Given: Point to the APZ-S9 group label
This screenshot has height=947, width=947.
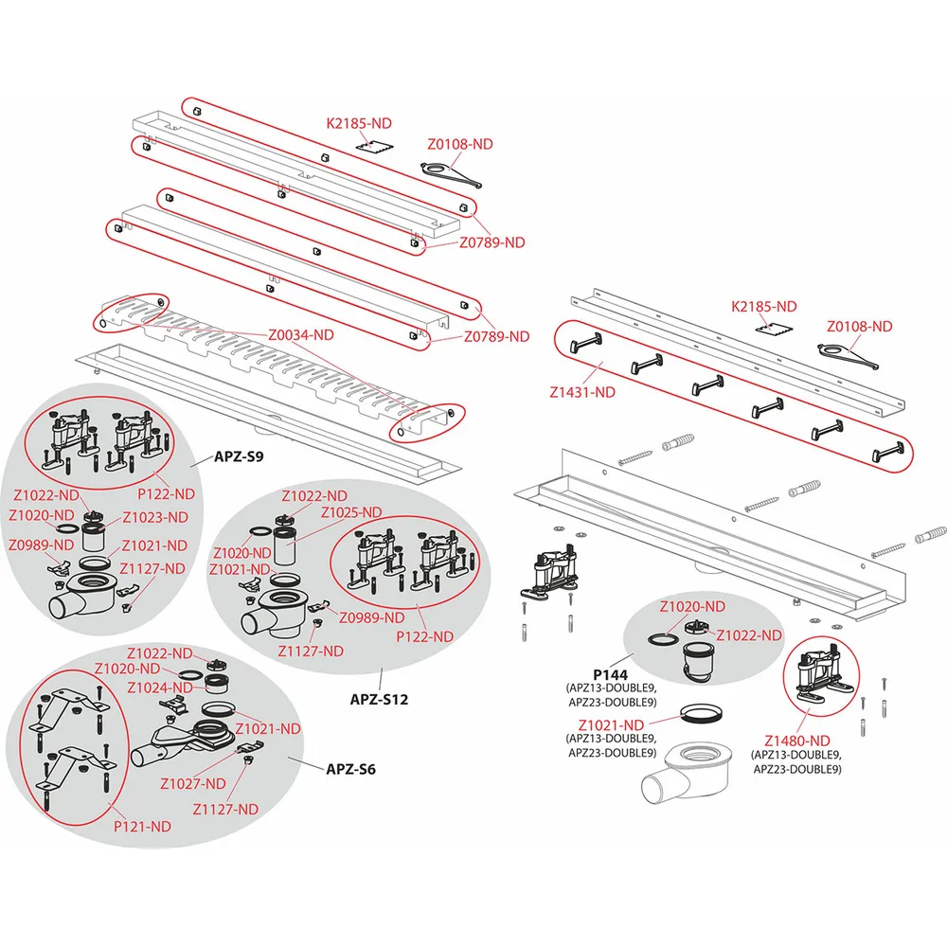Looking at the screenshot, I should click(x=240, y=456).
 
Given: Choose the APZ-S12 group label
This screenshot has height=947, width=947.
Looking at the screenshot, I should click(x=379, y=701).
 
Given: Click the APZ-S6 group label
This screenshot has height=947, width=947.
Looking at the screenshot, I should click(x=350, y=769).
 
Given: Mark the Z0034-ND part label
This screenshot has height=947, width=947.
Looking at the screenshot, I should click(x=301, y=334).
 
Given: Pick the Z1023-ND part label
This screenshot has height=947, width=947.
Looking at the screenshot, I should click(x=155, y=517).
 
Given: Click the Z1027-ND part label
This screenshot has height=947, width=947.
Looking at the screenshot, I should click(x=192, y=783).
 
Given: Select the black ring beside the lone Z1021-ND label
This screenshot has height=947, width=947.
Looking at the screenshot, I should click(x=700, y=713).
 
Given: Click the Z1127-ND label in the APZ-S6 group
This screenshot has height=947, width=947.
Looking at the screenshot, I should click(x=225, y=809).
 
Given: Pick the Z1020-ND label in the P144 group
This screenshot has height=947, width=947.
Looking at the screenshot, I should click(x=692, y=606).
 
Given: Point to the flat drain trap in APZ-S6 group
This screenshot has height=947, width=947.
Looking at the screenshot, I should click(x=189, y=738).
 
